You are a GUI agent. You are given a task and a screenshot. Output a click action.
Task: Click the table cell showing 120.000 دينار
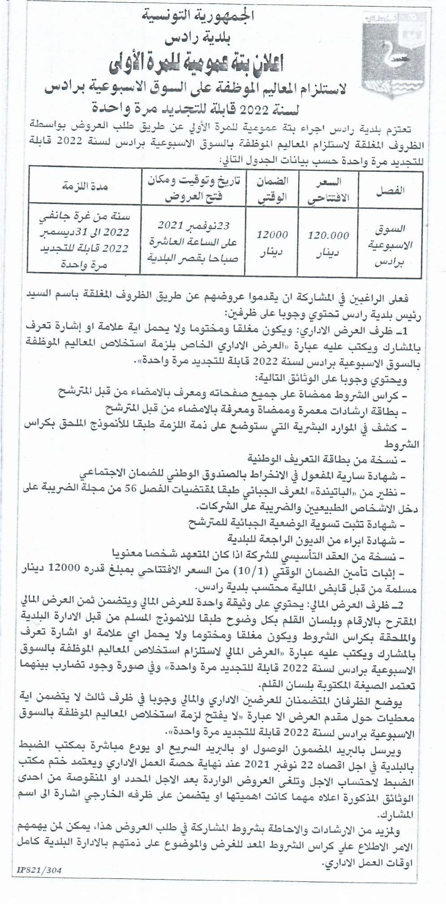tap(329, 243)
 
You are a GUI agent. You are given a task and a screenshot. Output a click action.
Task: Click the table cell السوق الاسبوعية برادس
tap(389, 246)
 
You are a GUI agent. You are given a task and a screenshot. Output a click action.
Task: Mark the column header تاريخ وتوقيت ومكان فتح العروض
tap(193, 188)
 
